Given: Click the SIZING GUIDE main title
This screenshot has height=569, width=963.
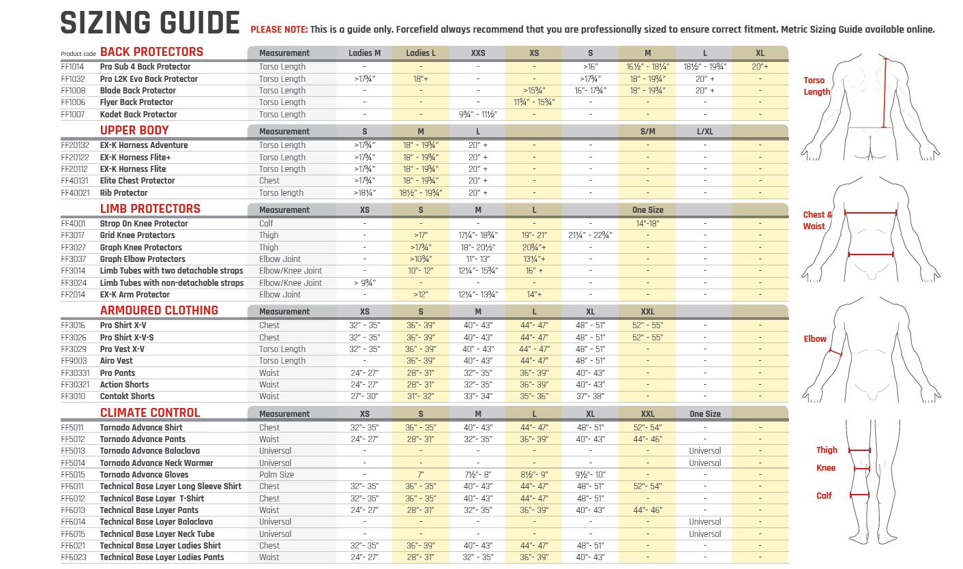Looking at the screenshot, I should tap(150, 23).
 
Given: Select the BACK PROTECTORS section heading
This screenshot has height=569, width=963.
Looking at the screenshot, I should tap(151, 52).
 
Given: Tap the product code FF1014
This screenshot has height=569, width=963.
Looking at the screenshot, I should tap(73, 67).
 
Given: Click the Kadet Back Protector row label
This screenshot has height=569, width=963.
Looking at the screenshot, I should tap(138, 115).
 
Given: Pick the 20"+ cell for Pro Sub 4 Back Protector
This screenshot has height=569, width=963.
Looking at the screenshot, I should tap(760, 67).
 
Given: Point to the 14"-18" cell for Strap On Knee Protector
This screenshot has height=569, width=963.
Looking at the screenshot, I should tap(647, 224).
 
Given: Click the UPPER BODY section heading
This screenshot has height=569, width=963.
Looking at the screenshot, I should tap(134, 130).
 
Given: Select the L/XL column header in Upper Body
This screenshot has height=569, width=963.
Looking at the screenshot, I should tap(705, 132).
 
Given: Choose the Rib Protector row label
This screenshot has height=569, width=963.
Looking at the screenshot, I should tap(123, 193).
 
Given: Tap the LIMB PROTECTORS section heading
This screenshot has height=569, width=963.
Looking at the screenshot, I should tap(150, 209).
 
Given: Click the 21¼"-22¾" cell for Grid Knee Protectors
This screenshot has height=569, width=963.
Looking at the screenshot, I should tap(590, 235).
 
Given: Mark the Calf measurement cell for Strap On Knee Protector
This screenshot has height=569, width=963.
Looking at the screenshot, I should tap(266, 224).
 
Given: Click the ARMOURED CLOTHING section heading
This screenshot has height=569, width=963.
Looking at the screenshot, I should tap(159, 310).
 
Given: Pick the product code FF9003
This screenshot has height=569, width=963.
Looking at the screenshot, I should tap(73, 361).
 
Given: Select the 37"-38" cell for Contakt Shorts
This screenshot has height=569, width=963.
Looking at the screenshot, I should tap(590, 396).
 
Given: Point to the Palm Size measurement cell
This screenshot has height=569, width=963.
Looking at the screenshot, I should tap(276, 475).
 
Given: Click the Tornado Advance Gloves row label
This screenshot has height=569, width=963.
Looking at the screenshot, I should tap(144, 475).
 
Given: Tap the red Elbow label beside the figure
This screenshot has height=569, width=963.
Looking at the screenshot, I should tap(815, 339).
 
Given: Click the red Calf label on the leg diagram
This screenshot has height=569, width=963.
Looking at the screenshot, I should tap(824, 496).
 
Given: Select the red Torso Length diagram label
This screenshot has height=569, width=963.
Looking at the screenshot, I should tap(817, 86).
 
